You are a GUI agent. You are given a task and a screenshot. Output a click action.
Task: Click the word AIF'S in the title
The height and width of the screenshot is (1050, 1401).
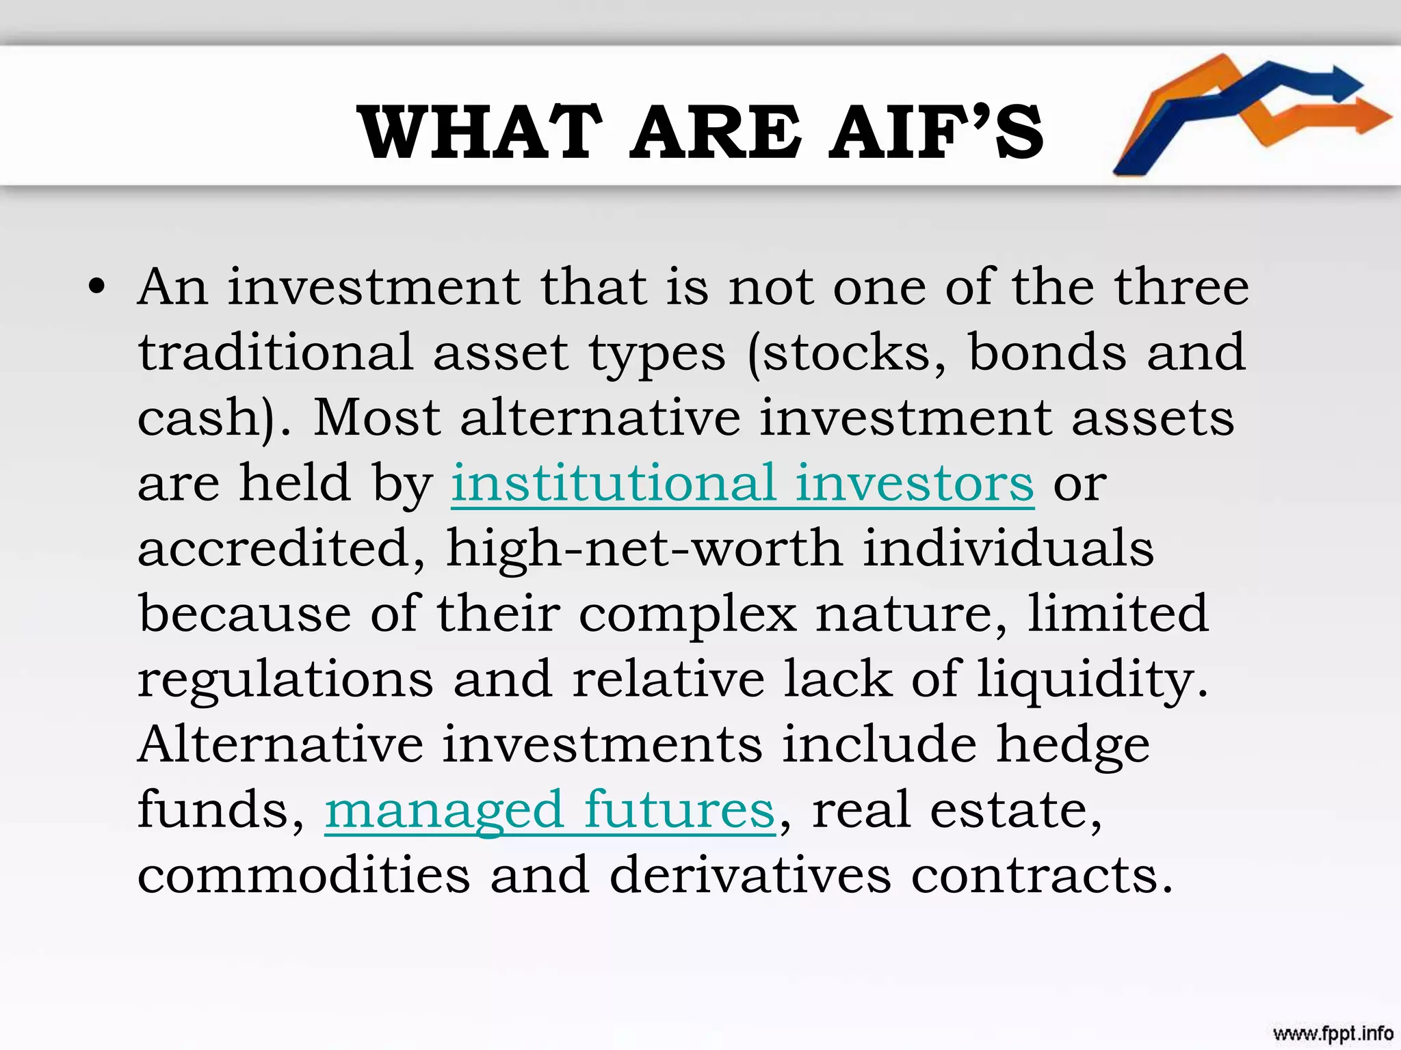click(x=937, y=133)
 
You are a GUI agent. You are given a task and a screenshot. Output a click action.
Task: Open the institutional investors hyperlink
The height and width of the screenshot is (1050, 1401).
click(x=742, y=483)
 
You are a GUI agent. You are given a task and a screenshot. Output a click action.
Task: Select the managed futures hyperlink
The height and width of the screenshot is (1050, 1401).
click(x=550, y=811)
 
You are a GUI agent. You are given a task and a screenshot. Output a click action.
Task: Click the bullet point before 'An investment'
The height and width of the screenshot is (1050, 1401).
click(x=97, y=287)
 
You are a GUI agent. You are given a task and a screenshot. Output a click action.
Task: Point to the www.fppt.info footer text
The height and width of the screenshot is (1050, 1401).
click(x=1333, y=1032)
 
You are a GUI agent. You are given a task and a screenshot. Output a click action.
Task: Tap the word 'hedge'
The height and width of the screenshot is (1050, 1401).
click(x=1073, y=745)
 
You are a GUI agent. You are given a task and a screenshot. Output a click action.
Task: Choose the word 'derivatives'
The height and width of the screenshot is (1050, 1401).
click(x=750, y=875)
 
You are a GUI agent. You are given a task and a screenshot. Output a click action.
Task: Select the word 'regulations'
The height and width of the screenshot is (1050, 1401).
click(x=286, y=680)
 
